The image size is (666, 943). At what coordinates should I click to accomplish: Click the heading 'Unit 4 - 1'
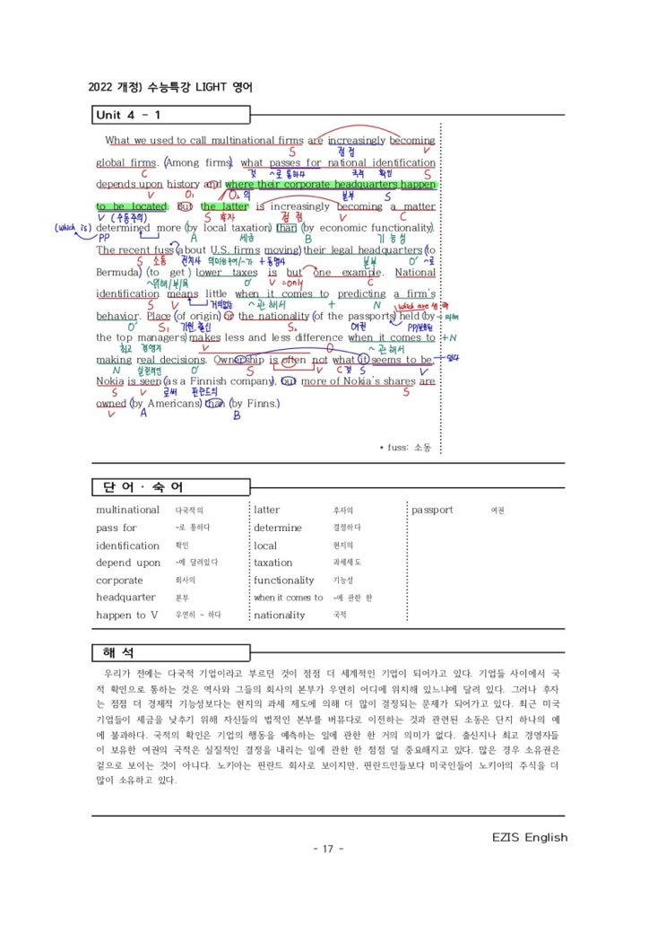tap(128, 115)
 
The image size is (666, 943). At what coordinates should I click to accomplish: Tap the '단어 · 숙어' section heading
tap(138, 487)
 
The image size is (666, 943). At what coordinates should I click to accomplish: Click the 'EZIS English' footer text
tap(530, 838)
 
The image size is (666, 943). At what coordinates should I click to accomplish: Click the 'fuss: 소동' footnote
tap(405, 447)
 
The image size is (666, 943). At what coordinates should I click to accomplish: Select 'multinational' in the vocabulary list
tap(127, 510)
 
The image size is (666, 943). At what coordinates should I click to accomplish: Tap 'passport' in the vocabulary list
tap(432, 510)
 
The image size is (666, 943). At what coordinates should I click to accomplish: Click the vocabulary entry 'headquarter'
tap(125, 598)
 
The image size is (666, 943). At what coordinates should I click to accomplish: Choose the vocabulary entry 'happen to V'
tap(126, 616)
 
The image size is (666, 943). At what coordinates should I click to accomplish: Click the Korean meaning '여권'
tap(497, 511)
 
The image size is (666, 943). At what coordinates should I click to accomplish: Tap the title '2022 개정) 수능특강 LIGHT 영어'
tap(170, 88)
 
